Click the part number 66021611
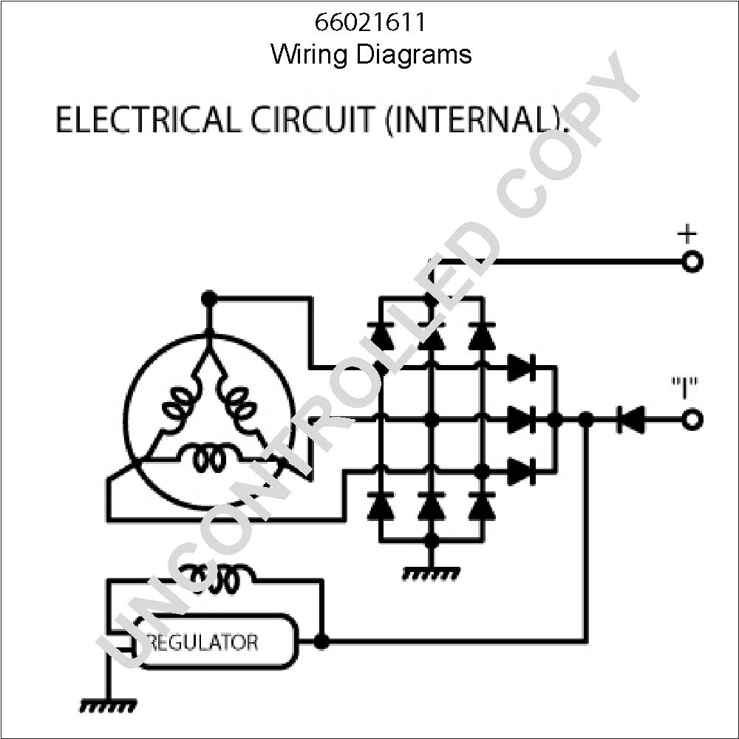[x=370, y=22]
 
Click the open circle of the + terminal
[x=692, y=262]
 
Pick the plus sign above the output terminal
[x=687, y=234]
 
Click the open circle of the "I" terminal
[x=692, y=419]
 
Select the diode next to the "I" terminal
[x=630, y=419]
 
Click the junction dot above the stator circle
[x=208, y=299]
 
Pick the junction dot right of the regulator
[x=321, y=641]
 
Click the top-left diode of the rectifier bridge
[x=381, y=336]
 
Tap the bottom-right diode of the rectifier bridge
[x=482, y=506]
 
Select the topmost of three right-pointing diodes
[x=522, y=367]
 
